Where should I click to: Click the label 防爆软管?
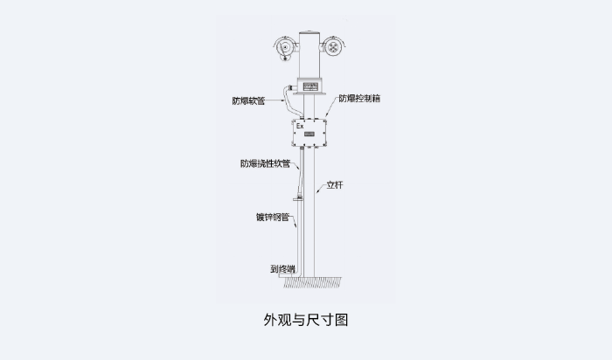click(248, 100)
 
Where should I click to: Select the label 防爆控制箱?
click(359, 98)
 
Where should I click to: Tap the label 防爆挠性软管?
click(265, 163)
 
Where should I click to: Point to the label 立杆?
click(335, 185)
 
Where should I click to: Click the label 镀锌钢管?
click(273, 217)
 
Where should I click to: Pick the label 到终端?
click(282, 269)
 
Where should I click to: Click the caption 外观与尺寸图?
click(306, 320)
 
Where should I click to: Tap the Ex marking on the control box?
click(300, 126)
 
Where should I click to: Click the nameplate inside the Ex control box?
click(309, 135)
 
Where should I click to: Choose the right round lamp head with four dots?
click(333, 47)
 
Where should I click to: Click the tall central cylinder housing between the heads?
click(309, 54)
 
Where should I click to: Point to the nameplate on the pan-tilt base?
click(310, 86)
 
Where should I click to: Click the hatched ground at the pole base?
click(312, 282)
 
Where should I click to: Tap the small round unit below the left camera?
click(285, 59)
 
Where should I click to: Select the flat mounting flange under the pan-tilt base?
click(309, 93)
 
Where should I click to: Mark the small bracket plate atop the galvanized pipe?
click(299, 199)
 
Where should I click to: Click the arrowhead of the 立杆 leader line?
click(316, 192)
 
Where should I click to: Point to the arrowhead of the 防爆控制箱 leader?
click(327, 114)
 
